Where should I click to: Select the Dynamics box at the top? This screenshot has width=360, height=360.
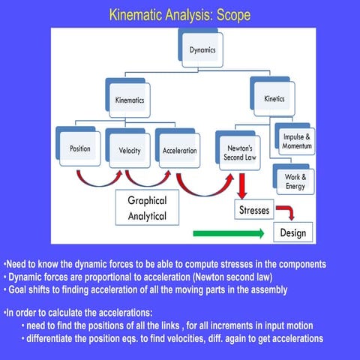[x=202, y=49]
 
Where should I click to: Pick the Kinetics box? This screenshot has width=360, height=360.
[x=274, y=98]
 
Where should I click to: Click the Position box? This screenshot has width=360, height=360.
[x=80, y=148]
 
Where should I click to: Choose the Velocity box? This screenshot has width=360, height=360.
[x=130, y=149]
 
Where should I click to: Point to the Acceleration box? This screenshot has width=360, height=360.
[x=179, y=150]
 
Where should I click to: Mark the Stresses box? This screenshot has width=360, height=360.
[x=253, y=210]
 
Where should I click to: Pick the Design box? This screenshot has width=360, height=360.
[x=293, y=232]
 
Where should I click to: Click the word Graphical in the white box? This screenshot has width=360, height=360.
[x=147, y=201]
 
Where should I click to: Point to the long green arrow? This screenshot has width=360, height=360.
[x=228, y=234]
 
